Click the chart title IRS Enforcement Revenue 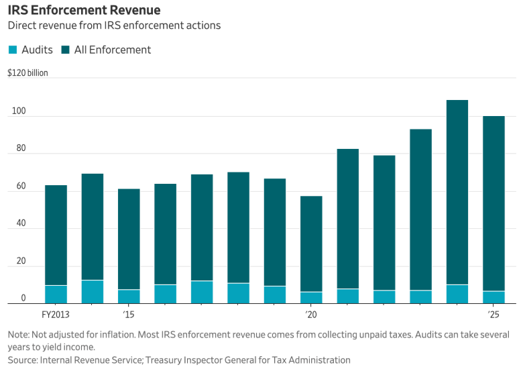point(84,11)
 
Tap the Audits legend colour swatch point(13,50)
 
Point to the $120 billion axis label point(27,73)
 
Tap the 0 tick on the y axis point(23,299)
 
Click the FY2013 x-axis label point(56,315)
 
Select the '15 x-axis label point(129,315)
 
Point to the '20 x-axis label point(310,315)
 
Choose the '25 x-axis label point(493,315)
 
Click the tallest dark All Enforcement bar point(457,192)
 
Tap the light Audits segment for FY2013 point(56,295)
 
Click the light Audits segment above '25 point(493,297)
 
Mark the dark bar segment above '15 point(129,239)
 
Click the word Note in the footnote point(18,334)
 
